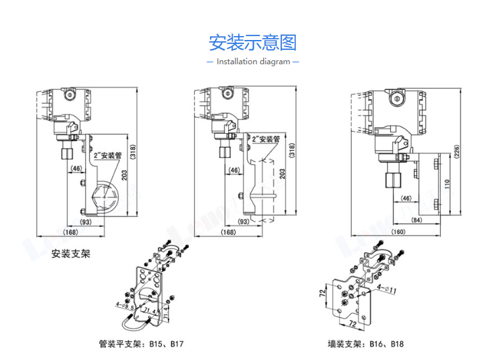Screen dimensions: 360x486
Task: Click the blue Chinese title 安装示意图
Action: [x=253, y=43]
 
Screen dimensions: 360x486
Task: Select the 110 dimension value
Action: [x=447, y=186]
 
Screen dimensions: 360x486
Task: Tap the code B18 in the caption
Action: [x=397, y=344]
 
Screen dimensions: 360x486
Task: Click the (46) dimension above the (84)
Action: [x=406, y=198]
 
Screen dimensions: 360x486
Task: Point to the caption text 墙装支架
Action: [x=344, y=344]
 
